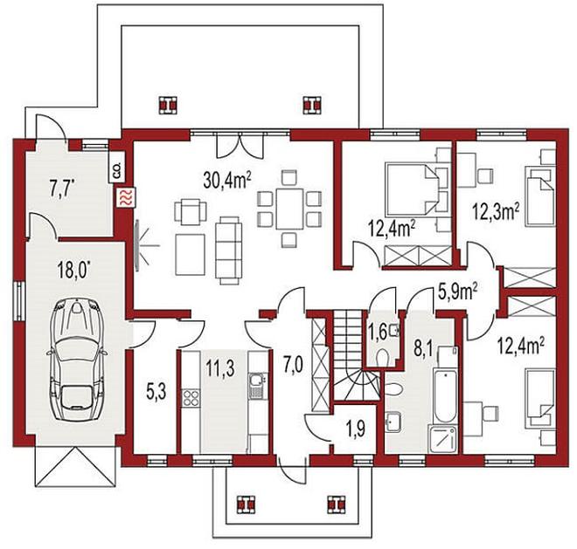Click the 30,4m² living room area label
227,181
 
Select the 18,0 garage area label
73,271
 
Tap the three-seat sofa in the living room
228,250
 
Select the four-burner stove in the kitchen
191,397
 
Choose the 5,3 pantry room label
156,392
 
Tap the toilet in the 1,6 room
382,356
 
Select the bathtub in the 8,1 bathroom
445,396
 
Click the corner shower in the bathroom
442,439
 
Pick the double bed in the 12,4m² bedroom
412,189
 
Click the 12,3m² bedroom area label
496,212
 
